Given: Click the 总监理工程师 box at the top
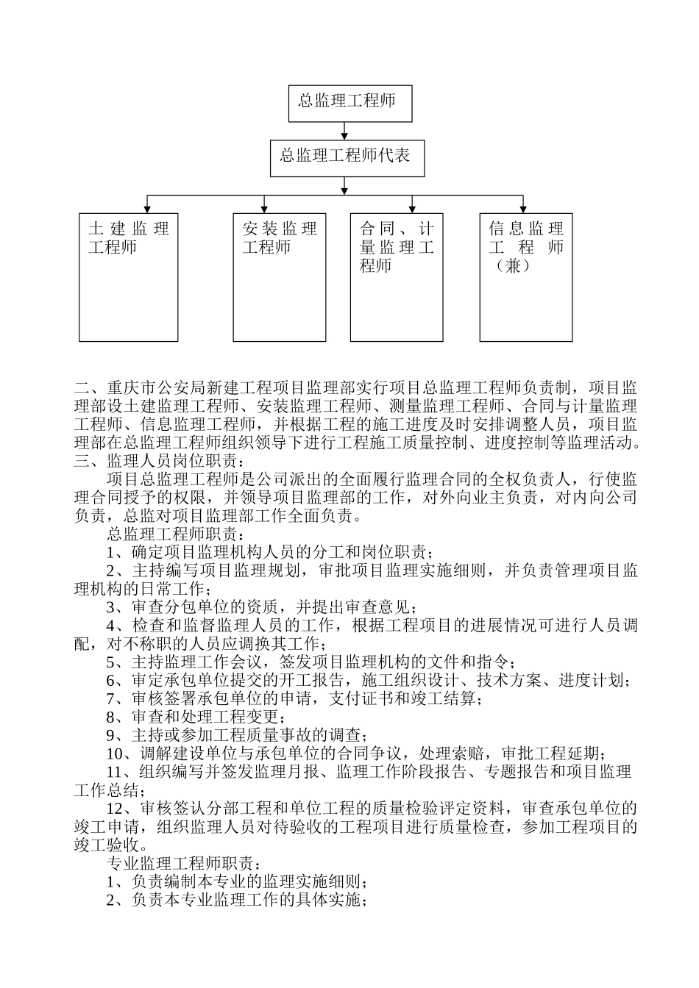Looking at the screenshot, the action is click(x=349, y=103).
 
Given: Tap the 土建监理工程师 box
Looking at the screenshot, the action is click(x=129, y=277).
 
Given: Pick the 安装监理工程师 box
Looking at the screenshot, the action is click(x=280, y=277).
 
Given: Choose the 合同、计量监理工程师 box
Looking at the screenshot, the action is click(x=397, y=277).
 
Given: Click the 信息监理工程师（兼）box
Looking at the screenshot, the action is click(x=526, y=277).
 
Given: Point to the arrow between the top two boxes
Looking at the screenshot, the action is click(x=345, y=131).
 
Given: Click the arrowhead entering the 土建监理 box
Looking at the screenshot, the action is click(x=148, y=209).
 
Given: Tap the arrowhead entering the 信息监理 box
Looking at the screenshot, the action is click(x=522, y=209).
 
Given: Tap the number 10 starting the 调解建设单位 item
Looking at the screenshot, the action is click(x=116, y=753).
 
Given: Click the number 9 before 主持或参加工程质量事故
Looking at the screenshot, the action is click(x=112, y=735).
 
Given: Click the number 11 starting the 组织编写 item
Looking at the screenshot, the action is click(x=116, y=772).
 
